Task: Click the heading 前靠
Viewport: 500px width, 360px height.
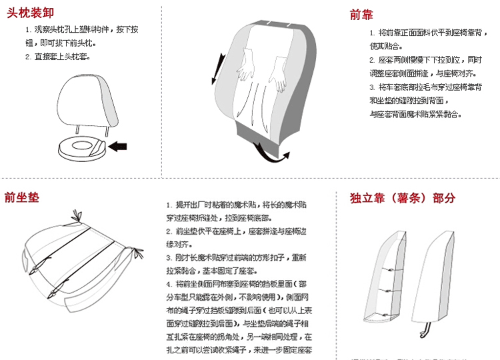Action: tap(363, 15)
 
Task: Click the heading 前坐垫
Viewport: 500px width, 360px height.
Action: tap(21, 197)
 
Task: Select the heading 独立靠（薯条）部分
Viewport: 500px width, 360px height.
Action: tap(403, 198)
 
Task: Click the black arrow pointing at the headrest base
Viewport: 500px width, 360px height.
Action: tap(117, 146)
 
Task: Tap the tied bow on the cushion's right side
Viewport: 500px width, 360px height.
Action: tap(138, 252)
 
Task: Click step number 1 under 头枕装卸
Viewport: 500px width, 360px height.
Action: tap(28, 30)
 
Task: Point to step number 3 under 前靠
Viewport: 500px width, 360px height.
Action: tap(372, 87)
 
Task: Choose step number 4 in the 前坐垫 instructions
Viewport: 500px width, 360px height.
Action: tap(169, 284)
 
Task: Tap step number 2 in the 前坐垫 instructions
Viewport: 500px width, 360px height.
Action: tap(169, 231)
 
